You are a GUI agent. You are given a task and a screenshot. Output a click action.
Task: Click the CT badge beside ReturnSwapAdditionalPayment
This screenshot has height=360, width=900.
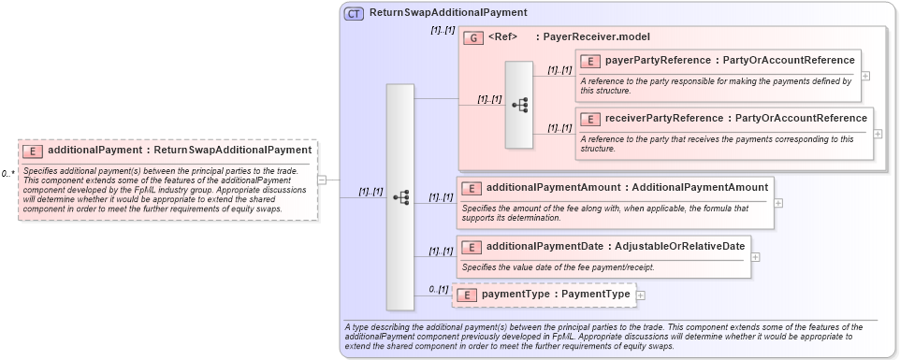click(355, 13)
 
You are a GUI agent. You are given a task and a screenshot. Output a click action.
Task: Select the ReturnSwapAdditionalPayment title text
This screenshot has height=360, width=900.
click(448, 13)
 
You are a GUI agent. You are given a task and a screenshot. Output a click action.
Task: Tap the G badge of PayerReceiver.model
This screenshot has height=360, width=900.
click(473, 37)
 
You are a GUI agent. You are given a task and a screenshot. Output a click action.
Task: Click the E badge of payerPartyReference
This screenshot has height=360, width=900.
click(590, 61)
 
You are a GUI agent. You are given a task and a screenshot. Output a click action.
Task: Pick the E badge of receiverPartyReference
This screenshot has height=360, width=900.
click(590, 119)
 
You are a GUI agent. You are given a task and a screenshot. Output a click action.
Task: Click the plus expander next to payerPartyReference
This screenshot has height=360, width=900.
click(865, 76)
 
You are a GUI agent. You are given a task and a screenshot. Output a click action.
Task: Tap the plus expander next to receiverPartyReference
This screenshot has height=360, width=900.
click(878, 133)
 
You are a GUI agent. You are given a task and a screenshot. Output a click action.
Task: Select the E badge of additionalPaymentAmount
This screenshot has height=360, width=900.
click(472, 188)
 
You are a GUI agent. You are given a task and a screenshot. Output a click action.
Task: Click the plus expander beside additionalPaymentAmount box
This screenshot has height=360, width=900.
click(778, 202)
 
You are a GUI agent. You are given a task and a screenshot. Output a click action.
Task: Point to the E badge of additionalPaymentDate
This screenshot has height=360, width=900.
click(472, 247)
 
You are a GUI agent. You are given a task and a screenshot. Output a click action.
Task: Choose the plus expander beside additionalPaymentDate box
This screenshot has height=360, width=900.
click(756, 256)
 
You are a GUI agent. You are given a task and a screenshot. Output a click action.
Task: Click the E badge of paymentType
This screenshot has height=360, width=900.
click(466, 295)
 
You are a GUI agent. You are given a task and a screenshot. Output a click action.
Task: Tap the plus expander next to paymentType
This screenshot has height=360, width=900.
click(641, 295)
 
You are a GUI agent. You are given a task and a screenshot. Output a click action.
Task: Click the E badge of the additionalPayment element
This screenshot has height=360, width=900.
click(32, 150)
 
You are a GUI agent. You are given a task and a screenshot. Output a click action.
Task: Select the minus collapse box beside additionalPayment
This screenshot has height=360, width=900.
click(322, 180)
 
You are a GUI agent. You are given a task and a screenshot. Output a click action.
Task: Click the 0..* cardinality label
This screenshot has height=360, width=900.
click(7, 174)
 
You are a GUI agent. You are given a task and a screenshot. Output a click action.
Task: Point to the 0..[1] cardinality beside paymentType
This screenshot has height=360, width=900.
click(439, 289)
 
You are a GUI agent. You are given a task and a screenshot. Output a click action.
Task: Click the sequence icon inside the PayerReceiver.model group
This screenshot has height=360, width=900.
click(519, 106)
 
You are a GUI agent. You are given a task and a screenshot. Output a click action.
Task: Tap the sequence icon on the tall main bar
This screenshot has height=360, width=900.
click(400, 197)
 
